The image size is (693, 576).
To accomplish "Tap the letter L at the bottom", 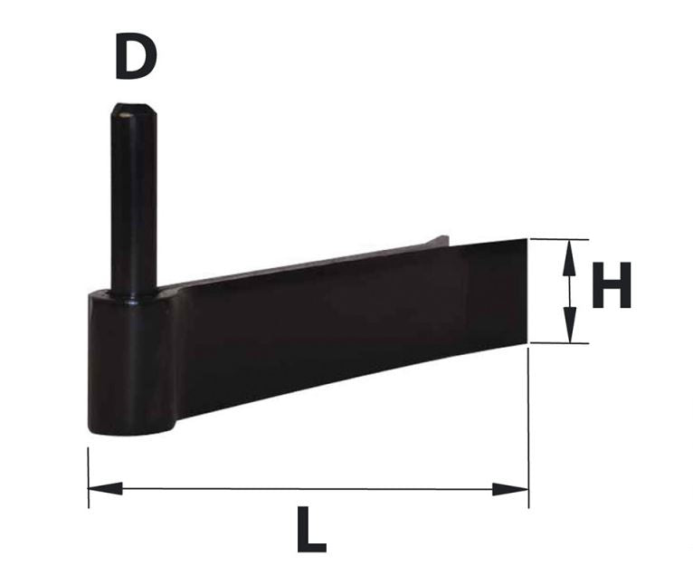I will pyautogui.click(x=310, y=531).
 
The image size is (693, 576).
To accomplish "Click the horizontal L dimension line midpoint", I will pyautogui.click(x=308, y=489).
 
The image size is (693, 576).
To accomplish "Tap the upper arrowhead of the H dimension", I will pyautogui.click(x=569, y=254).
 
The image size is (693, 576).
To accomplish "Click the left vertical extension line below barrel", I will pyautogui.click(x=89, y=471).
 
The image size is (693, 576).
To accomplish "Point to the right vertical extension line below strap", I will pyautogui.click(x=528, y=426).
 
